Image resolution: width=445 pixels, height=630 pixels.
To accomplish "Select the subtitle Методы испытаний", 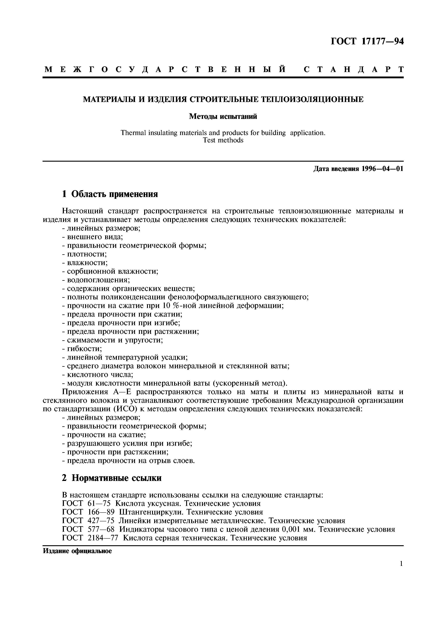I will click(223, 117).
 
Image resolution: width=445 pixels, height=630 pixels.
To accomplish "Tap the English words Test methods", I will click(223, 140).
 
